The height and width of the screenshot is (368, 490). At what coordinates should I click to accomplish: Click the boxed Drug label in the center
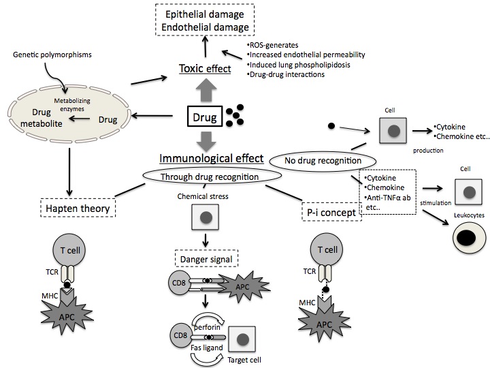(x=205, y=117)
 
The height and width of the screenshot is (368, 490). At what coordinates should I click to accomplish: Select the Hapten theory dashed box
(x=78, y=208)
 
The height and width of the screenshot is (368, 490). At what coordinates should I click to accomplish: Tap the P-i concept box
(x=331, y=212)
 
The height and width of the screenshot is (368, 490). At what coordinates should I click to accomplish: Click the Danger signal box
(x=206, y=258)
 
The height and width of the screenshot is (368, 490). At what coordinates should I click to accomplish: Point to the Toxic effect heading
(x=205, y=69)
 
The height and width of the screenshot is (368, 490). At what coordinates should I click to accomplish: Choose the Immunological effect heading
(x=212, y=158)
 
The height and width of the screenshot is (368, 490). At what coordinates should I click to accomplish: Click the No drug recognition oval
(x=323, y=161)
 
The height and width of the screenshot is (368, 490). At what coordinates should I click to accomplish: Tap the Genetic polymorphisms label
(x=52, y=55)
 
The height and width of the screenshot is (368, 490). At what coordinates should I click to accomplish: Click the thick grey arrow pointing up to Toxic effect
(x=206, y=90)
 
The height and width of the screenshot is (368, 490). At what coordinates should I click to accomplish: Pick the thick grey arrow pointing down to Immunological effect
(x=206, y=142)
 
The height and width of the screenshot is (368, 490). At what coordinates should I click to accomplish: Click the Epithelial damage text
(x=205, y=14)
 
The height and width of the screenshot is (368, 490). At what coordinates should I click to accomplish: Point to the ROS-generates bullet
(x=272, y=45)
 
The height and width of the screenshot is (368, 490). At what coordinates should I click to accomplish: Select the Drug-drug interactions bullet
(x=286, y=74)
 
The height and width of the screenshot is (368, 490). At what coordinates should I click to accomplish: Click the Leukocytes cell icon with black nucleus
(x=470, y=238)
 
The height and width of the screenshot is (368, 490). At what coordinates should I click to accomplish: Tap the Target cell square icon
(x=242, y=339)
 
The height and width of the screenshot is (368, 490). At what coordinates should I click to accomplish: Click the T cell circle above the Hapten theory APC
(x=69, y=250)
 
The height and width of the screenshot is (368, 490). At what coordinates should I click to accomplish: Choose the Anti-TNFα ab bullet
(x=387, y=198)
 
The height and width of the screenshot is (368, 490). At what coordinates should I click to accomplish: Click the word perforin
(x=207, y=327)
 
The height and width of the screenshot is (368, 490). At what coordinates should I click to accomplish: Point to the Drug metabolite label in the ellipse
(x=42, y=118)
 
